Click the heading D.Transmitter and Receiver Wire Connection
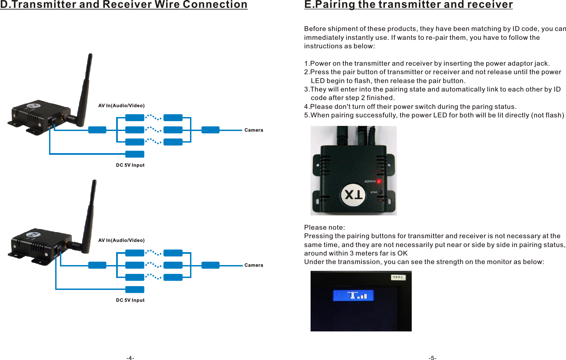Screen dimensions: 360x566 (x=124, y=5)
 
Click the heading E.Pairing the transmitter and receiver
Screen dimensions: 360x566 (x=408, y=5)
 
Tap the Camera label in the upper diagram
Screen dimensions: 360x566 (x=254, y=130)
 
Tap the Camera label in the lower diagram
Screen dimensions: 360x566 (x=254, y=265)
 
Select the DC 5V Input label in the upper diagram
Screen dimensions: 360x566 (x=130, y=165)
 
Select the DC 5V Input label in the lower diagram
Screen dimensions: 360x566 (x=130, y=300)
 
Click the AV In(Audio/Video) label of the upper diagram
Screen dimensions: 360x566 (x=121, y=105)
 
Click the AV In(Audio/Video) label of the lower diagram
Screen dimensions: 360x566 (x=121, y=240)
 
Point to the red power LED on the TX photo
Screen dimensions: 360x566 (x=379, y=181)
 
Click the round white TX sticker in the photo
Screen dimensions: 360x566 (x=353, y=195)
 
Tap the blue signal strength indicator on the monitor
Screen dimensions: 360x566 (x=353, y=295)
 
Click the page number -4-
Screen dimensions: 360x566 (x=130, y=358)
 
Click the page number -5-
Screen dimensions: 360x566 (x=432, y=358)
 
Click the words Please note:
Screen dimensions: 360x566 (x=324, y=227)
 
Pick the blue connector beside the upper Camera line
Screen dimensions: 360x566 (x=210, y=130)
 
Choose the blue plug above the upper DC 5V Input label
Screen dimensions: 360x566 (x=135, y=154)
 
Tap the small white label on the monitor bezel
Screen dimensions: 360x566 (x=398, y=277)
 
